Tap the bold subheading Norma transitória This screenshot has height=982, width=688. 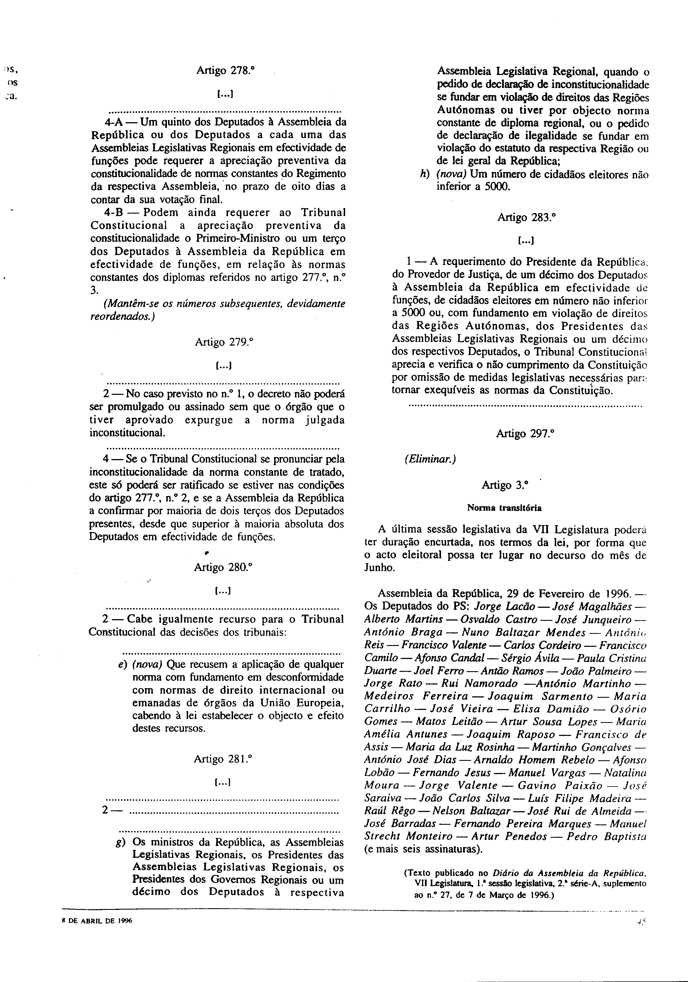[x=504, y=508]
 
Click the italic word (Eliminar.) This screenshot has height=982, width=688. [x=430, y=459]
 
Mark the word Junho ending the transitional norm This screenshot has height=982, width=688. [x=379, y=568]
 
